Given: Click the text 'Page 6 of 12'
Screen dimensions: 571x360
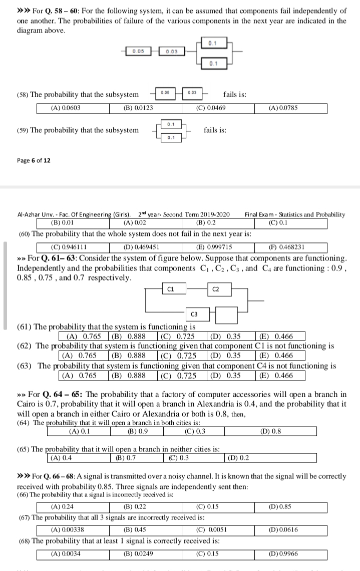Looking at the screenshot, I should coord(34,160).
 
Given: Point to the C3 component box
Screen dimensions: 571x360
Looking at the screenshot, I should coord(194,314).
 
